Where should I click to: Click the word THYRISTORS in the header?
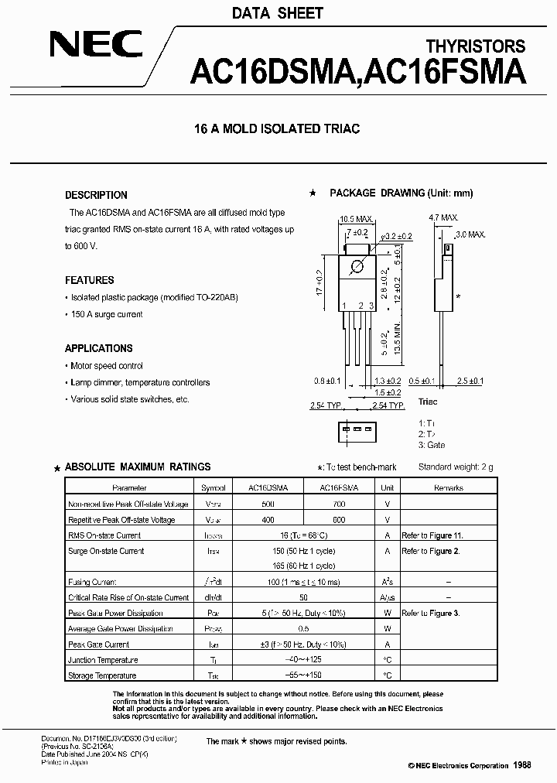click(475, 47)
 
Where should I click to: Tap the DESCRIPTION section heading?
click(96, 195)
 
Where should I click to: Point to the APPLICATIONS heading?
click(99, 348)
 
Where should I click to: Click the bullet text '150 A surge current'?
click(107, 314)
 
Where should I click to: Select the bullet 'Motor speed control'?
click(107, 366)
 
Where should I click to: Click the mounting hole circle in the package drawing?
click(357, 268)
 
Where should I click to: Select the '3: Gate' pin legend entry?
click(432, 445)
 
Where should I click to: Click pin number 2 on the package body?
click(360, 306)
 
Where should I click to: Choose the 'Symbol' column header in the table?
click(214, 488)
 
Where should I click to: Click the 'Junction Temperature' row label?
click(103, 660)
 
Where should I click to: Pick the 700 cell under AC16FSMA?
click(339, 504)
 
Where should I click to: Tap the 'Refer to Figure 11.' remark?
click(432, 535)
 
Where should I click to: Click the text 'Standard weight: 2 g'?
click(455, 467)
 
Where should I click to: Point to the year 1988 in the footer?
click(522, 764)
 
